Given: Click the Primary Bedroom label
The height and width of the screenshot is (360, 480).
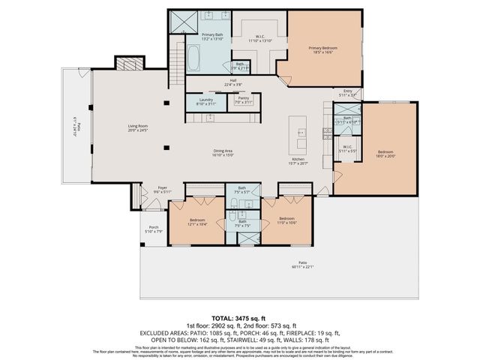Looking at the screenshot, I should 323,49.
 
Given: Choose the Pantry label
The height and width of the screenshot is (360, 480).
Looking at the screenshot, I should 243,100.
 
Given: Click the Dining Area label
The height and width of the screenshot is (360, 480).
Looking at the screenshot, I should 223,154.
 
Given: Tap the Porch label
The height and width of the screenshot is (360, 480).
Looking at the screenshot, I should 154,229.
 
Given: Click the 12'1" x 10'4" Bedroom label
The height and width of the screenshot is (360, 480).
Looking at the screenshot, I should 198,222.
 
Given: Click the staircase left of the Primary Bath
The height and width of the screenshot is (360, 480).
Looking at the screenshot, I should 178,56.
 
